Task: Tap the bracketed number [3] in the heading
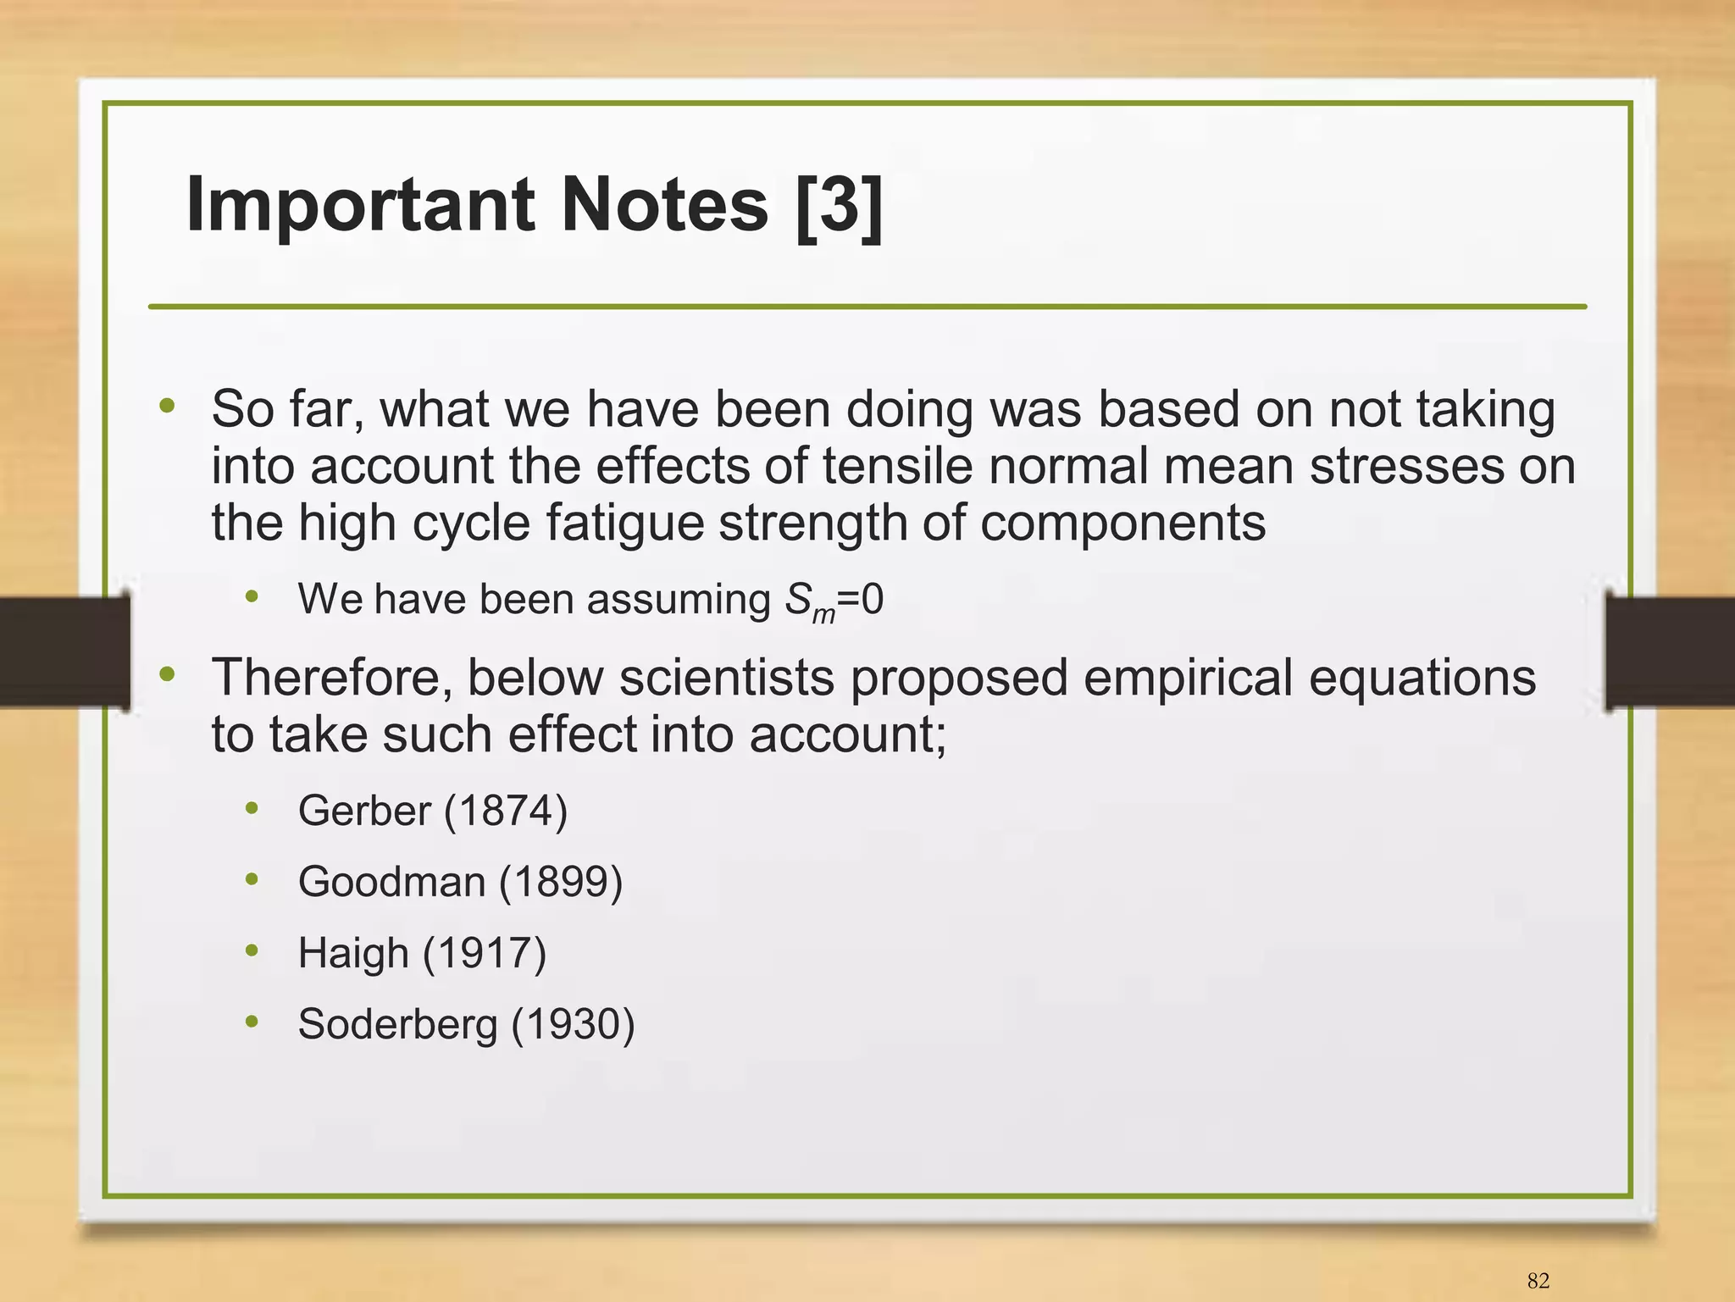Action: (840, 204)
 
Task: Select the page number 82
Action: (1538, 1280)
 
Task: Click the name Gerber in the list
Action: (364, 811)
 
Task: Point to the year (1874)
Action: (506, 811)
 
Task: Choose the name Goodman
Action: (391, 882)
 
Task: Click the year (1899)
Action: (561, 882)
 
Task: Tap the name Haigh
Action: (353, 953)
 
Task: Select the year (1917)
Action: (485, 953)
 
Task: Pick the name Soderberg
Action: (397, 1024)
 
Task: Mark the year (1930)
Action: (574, 1024)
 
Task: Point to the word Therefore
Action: (332, 678)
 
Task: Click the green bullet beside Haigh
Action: (252, 950)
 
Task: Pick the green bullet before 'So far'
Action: (168, 406)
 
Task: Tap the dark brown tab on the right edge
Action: (1670, 651)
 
